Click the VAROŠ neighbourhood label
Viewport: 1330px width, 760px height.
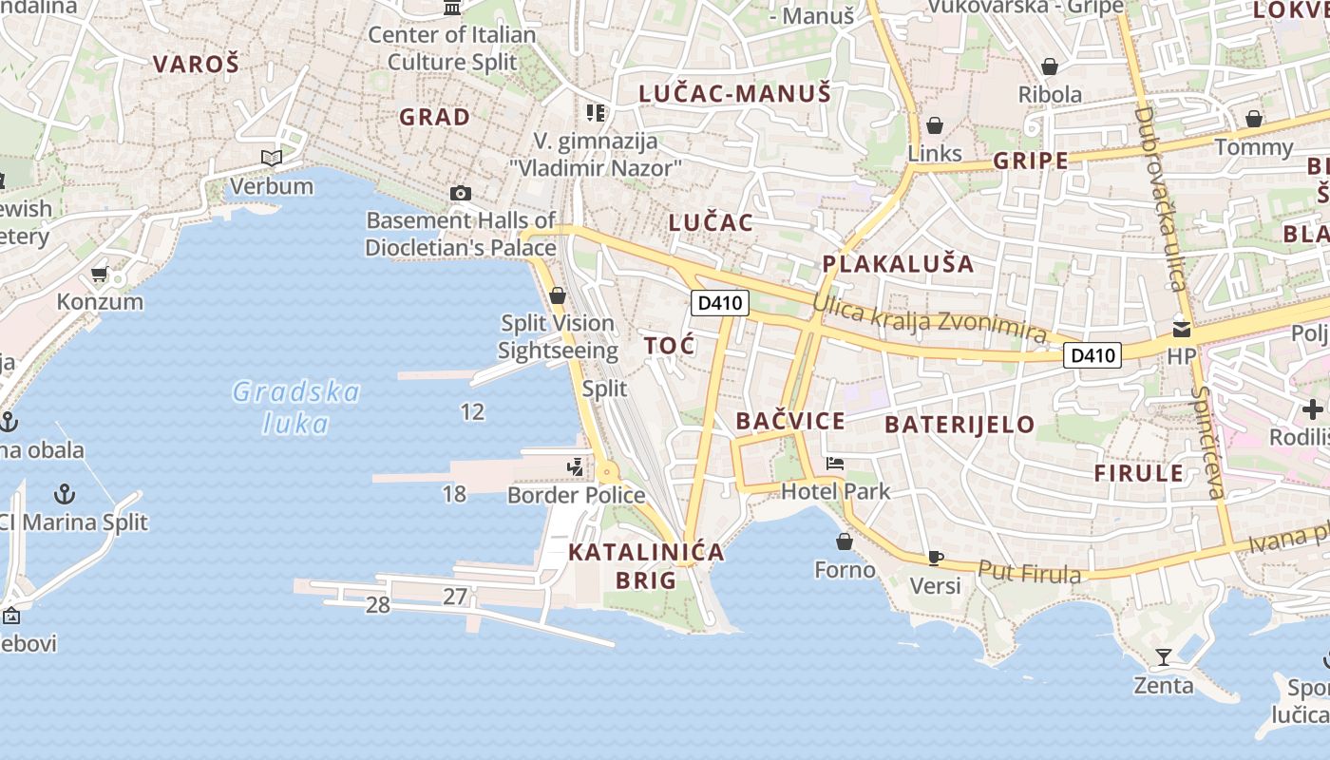click(197, 65)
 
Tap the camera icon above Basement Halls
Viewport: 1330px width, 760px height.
click(461, 193)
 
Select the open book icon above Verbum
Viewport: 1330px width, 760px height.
click(272, 159)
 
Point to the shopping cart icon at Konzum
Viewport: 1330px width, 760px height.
click(100, 275)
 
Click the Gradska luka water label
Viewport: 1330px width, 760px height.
click(296, 407)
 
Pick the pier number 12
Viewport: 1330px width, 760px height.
click(472, 411)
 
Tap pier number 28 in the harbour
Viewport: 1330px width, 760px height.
click(378, 605)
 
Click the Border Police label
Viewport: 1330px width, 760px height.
click(576, 495)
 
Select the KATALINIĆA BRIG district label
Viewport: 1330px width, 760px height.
click(646, 565)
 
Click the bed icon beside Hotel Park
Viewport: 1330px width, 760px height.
click(835, 464)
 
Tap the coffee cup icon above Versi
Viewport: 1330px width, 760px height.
click(936, 558)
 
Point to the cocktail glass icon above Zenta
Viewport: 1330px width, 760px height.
click(1164, 656)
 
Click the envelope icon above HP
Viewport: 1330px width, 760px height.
click(1182, 329)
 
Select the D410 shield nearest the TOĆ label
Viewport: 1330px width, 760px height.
click(720, 304)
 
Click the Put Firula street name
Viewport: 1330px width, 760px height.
click(1030, 573)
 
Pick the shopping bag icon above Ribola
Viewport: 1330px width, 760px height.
click(1050, 66)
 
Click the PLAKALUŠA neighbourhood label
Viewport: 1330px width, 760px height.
click(899, 264)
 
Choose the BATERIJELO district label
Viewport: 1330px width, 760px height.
click(959, 425)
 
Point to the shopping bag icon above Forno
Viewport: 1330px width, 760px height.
click(845, 541)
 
